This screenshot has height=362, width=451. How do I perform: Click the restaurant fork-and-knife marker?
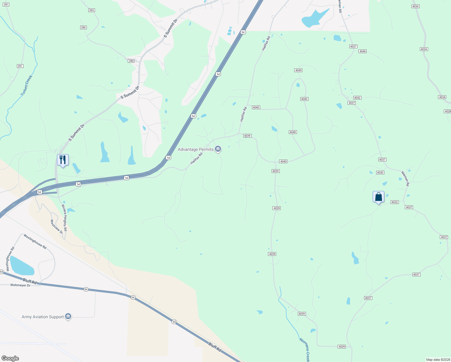tap(63, 160)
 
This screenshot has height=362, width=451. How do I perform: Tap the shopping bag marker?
tap(378, 197)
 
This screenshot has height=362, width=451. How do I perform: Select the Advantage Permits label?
tap(196, 149)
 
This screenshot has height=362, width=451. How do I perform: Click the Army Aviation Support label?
tap(43, 317)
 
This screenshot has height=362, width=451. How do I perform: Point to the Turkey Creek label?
tap(26, 86)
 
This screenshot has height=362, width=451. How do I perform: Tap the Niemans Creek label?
tap(304, 349)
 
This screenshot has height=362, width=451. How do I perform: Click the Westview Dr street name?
tap(56, 226)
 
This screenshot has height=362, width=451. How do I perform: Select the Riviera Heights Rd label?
tap(64, 218)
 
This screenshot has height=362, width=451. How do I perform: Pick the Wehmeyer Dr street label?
tap(20, 285)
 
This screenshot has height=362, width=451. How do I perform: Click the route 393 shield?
tap(92, 10)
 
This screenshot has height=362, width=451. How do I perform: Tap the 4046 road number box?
tap(362, 51)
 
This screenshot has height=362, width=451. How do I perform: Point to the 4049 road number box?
tap(298, 70)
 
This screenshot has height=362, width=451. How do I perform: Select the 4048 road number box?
tap(292, 132)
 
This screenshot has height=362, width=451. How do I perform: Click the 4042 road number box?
tap(357, 98)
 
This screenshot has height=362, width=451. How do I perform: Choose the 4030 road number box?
tap(380, 173)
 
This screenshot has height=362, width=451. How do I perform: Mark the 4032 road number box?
tap(395, 202)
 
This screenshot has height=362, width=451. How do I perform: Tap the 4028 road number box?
tap(448, 111)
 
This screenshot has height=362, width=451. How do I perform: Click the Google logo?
tap(10, 358)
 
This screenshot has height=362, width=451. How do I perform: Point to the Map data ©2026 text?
tap(437, 360)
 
